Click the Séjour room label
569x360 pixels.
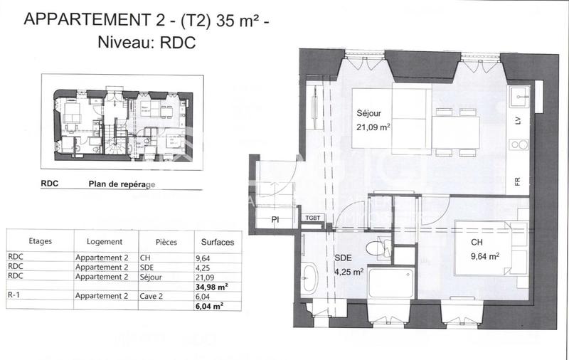tap(368, 114)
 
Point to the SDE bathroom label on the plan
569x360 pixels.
tap(344, 259)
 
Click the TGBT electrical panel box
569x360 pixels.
tap(312, 218)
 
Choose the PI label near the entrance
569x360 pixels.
tap(276, 220)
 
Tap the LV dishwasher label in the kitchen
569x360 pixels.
tap(518, 122)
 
